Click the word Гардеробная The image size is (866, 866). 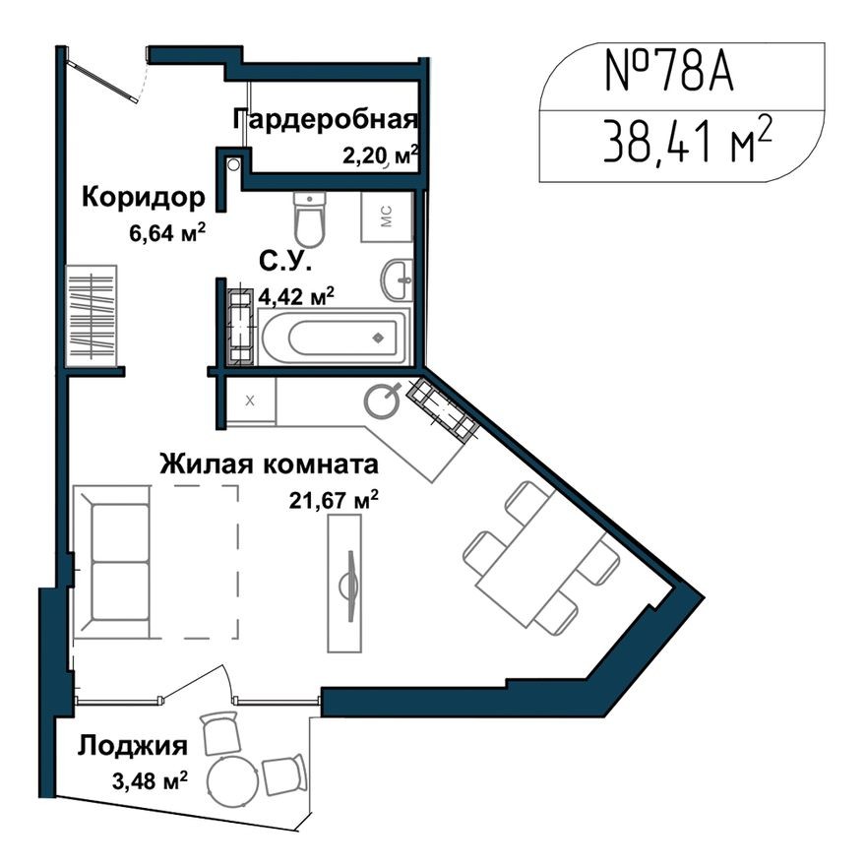point(325,120)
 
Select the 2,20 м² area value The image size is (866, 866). point(380,154)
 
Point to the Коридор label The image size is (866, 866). point(144,197)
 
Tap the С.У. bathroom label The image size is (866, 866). point(285,262)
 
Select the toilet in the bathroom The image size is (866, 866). point(309,218)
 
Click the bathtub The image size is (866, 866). point(333,338)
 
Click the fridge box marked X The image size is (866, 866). point(250,400)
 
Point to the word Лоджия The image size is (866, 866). point(133,745)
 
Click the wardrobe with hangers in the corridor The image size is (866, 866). point(93,316)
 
